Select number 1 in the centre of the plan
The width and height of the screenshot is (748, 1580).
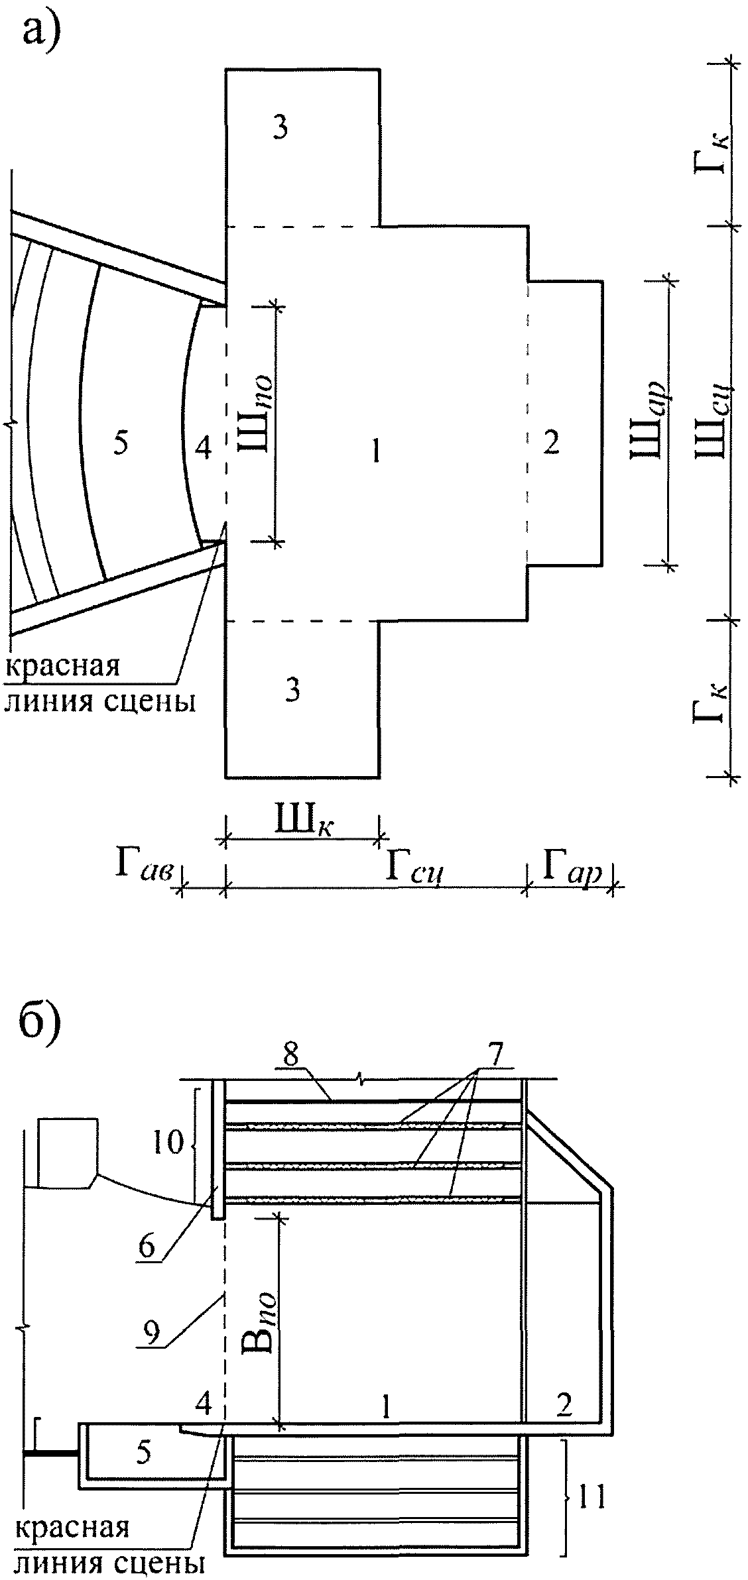coord(375,453)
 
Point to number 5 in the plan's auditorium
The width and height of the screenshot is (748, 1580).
coord(120,443)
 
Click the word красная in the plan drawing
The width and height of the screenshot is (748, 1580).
coord(63,666)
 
